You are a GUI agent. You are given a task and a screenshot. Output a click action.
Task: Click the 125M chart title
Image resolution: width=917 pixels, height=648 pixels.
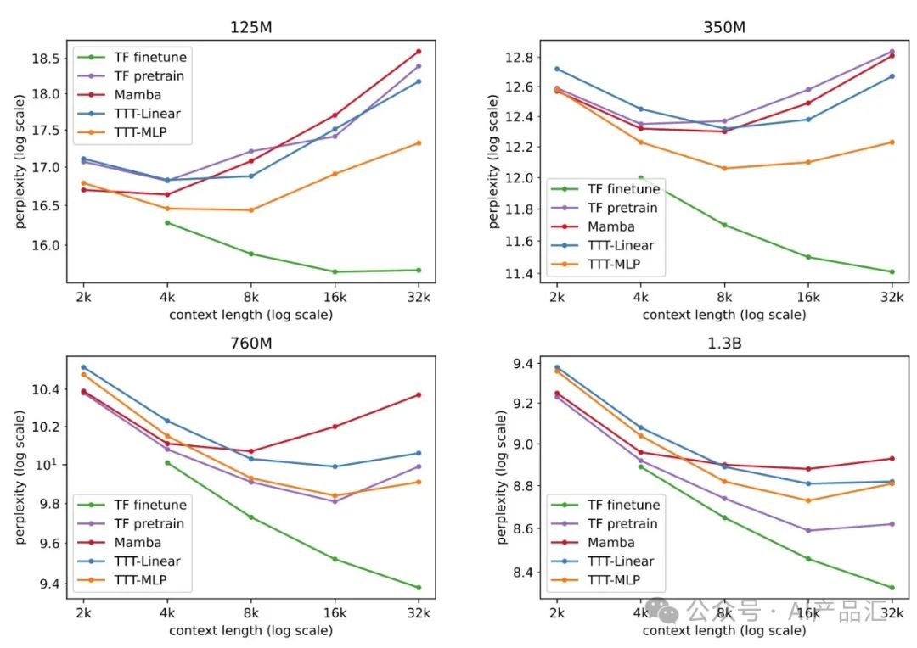(250, 26)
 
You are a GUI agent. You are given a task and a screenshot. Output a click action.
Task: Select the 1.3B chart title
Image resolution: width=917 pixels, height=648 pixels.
(723, 346)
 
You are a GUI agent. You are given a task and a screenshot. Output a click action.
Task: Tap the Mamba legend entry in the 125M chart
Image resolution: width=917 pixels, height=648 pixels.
(138, 95)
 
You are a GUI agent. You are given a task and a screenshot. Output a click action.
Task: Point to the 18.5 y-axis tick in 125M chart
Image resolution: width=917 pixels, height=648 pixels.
(48, 59)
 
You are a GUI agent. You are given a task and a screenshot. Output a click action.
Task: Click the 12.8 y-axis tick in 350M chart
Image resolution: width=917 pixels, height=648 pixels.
(521, 58)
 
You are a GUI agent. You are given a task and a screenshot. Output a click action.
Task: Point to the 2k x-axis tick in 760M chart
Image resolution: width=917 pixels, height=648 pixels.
(83, 613)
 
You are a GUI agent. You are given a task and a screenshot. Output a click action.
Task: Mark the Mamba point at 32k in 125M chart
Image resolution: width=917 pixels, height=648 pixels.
(419, 51)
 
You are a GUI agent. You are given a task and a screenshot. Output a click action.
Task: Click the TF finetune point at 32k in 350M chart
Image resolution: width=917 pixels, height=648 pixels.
(892, 271)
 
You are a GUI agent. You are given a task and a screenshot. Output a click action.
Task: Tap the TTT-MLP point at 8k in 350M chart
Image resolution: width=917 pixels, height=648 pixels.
(723, 168)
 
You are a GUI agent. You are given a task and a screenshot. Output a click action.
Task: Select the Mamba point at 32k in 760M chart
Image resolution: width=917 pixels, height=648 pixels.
(419, 394)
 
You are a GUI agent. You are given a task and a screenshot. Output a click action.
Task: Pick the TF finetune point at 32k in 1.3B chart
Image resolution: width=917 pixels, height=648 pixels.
(892, 587)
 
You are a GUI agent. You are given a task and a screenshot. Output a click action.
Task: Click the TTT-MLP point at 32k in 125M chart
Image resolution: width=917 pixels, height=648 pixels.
(419, 142)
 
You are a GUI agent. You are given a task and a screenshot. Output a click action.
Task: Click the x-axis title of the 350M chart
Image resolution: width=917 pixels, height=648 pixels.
(723, 315)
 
